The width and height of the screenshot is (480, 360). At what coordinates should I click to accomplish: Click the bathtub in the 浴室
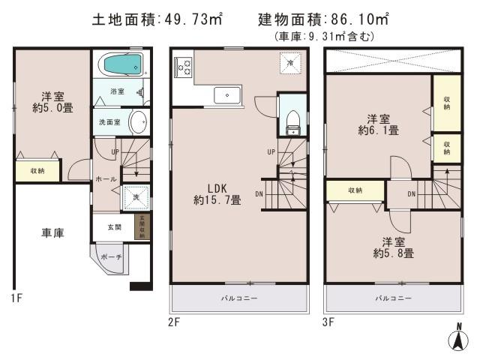click(120, 65)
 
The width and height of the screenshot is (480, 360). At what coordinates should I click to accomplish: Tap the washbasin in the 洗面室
click(138, 121)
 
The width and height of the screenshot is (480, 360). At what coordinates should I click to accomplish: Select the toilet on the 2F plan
click(293, 119)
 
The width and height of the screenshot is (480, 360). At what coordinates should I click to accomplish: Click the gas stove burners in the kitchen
click(183, 67)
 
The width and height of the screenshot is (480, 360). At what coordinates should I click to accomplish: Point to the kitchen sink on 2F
click(226, 95)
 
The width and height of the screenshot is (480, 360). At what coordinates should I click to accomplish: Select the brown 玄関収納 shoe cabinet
click(141, 226)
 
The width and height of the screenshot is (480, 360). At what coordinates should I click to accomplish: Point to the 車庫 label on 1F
click(52, 232)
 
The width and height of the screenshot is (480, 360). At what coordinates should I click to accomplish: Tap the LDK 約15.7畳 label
click(217, 193)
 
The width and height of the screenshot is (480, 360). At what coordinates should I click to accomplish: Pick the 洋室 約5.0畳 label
click(52, 103)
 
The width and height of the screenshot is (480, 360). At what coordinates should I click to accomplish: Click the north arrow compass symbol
click(455, 340)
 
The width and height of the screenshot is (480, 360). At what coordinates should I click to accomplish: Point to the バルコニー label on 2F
click(238, 298)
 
